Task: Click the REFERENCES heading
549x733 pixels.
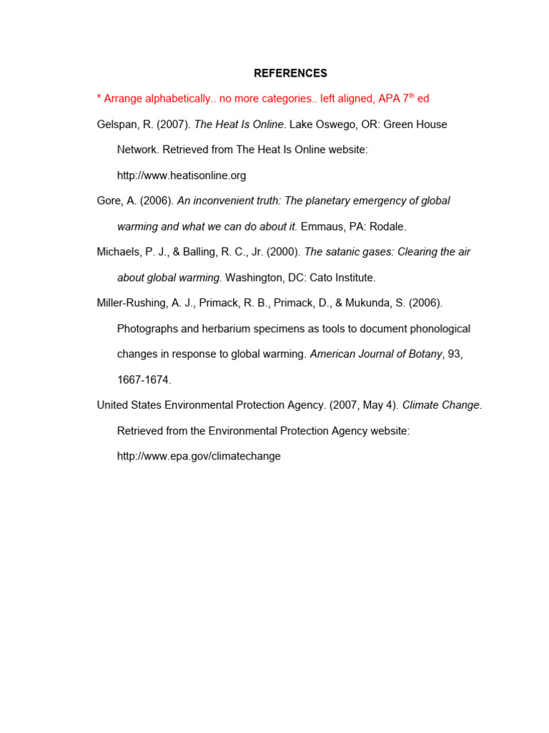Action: click(291, 73)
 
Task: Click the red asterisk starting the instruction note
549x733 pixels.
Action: click(99, 98)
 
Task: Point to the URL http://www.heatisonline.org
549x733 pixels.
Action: click(182, 175)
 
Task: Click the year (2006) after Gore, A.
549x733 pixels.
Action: click(157, 201)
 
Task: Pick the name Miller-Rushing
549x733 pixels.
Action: click(132, 304)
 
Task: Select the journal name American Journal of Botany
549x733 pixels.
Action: click(376, 354)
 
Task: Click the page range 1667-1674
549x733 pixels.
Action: click(144, 380)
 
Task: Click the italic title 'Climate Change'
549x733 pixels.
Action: click(441, 405)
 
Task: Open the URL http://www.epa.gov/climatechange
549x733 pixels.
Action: click(199, 456)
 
